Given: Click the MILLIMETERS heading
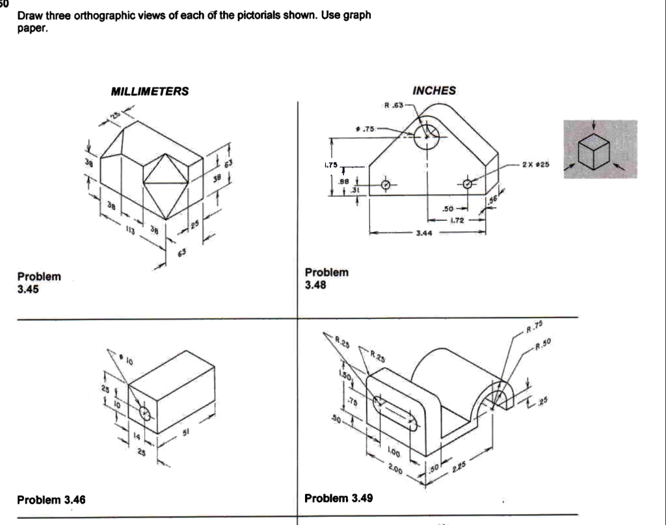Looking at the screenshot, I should click(150, 92).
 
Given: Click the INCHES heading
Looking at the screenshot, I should click(434, 91).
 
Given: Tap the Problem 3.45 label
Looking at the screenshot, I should click(39, 283).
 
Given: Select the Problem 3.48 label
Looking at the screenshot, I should click(326, 278).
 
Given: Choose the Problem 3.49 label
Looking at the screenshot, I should click(339, 498).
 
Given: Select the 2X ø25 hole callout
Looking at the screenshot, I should click(536, 165).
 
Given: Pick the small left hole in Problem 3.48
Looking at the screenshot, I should click(386, 185).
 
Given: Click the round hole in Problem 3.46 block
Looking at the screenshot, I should click(144, 413).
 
